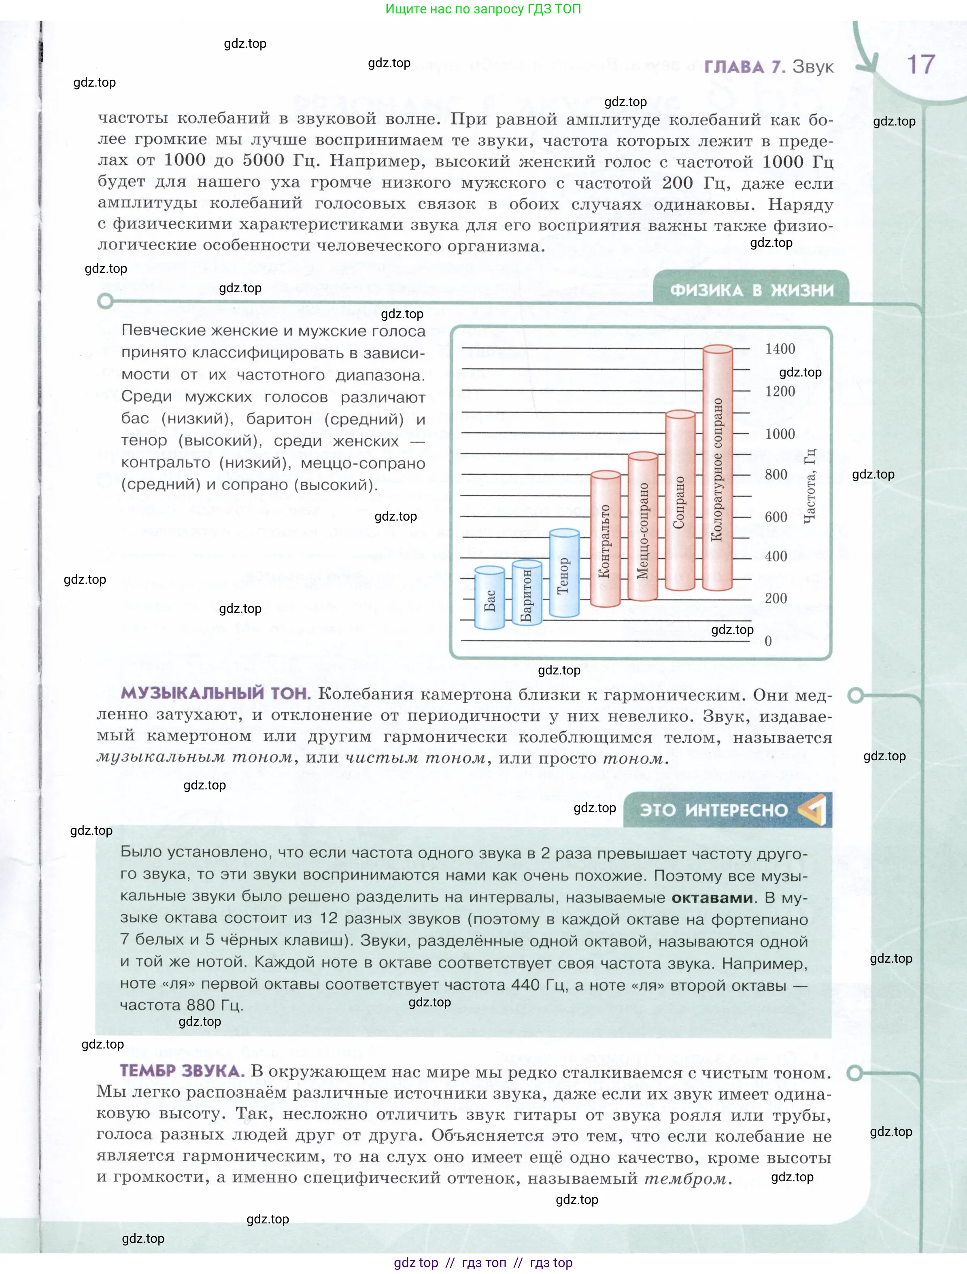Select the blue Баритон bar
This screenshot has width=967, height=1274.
(527, 593)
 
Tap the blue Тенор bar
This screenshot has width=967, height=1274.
(564, 574)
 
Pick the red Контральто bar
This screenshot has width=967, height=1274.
(605, 539)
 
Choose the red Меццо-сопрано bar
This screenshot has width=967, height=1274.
(643, 527)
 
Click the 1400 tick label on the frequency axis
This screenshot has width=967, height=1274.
(780, 349)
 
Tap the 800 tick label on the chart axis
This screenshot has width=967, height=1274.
(776, 474)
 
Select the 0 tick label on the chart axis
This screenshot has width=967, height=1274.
(768, 641)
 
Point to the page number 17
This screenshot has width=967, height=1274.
(920, 64)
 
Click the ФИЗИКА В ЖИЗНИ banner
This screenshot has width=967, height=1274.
(752, 290)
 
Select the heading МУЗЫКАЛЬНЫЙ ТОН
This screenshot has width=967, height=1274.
(215, 693)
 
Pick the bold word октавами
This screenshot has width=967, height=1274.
(712, 898)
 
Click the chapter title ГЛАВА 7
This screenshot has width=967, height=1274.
(744, 67)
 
